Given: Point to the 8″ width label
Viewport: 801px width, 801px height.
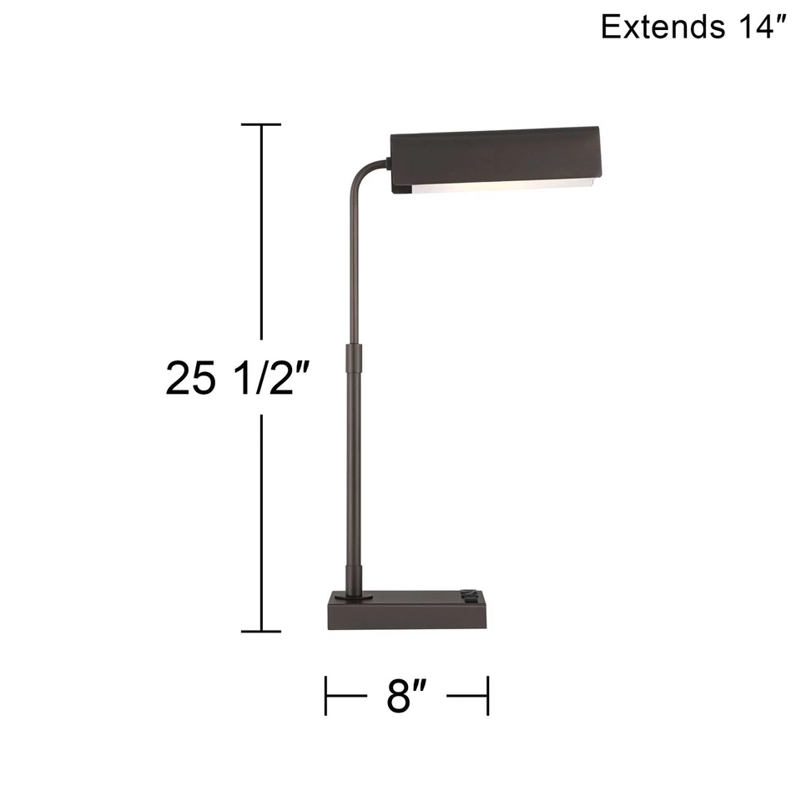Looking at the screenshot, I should click(406, 696).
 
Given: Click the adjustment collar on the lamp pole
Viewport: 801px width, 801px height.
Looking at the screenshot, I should click(353, 360).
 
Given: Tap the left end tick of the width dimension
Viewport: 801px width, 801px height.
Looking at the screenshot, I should click(326, 696).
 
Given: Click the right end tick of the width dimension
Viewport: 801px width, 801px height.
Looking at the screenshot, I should click(487, 696).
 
